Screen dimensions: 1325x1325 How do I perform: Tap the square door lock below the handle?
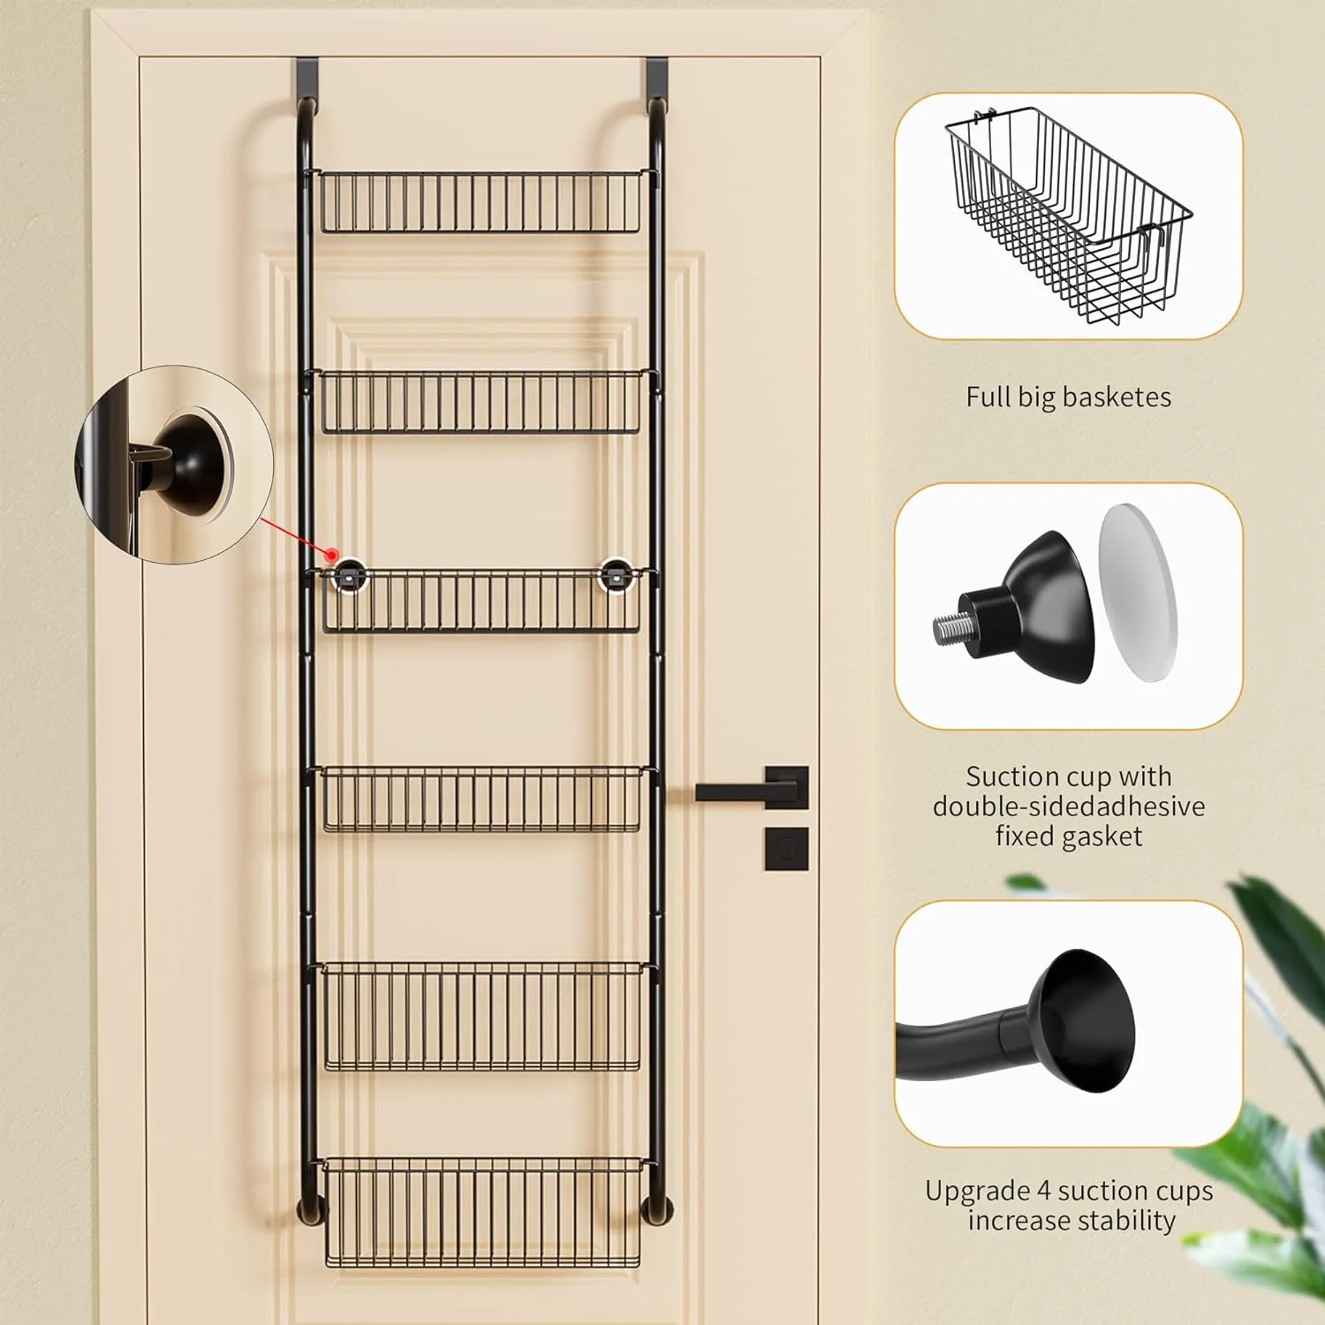tap(786, 848)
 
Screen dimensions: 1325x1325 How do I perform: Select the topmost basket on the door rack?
tap(480, 202)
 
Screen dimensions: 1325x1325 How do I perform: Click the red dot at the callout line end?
tap(332, 556)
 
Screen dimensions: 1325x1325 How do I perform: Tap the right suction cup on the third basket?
tap(616, 574)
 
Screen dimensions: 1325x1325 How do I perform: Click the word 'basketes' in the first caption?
tap(1117, 397)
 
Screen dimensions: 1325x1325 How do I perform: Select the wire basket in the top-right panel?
tap(1069, 216)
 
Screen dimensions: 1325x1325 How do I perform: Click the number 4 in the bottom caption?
tap(1043, 1191)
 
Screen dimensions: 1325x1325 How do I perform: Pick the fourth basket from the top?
tap(482, 799)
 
